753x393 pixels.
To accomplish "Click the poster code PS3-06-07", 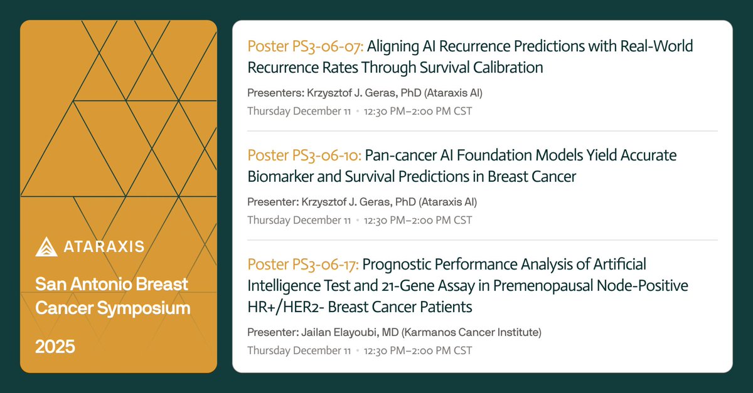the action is pos(328,46).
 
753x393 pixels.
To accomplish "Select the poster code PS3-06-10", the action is pos(327,155).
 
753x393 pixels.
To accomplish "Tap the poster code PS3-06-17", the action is pos(326,265).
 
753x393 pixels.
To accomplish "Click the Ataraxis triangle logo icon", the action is pos(46,246).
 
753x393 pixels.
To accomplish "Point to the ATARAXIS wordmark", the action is pos(104,246).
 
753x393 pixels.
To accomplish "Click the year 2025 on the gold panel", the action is pos(55,347).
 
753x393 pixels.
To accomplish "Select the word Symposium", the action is pos(144,308).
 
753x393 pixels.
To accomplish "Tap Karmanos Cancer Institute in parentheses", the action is pos(472,333).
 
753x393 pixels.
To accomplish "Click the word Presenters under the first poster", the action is pos(275,93).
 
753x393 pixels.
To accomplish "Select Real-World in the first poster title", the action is pos(656,46).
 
